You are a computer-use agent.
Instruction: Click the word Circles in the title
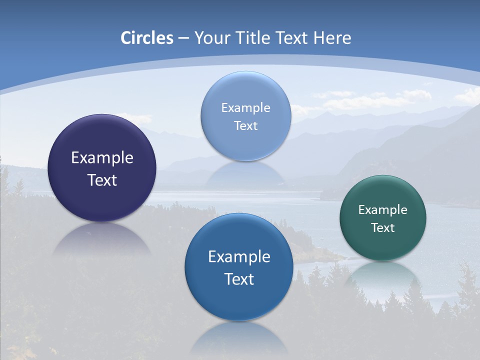[147, 38]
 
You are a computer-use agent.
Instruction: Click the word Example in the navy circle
[102, 158]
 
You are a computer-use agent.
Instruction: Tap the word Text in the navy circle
[102, 180]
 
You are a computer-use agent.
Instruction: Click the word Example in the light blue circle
[245, 108]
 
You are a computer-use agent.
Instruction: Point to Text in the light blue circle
[245, 125]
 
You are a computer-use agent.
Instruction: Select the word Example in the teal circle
[383, 210]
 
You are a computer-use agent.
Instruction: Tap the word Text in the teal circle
[383, 227]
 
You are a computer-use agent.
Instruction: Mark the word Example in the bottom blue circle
[239, 257]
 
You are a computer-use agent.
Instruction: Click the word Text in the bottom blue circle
[239, 279]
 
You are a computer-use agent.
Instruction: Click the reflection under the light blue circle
[245, 172]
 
